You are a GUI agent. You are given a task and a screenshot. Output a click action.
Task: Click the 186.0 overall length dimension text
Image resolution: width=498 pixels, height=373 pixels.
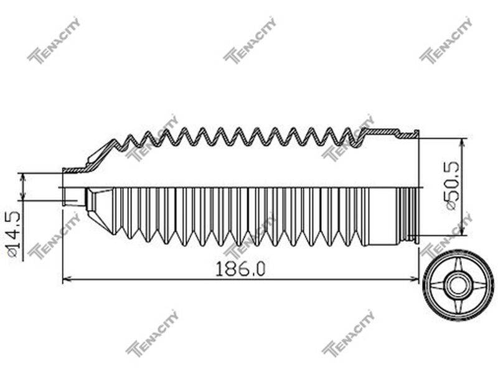(x=240, y=269)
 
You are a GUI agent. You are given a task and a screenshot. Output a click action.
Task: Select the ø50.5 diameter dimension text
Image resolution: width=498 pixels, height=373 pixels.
(x=453, y=185)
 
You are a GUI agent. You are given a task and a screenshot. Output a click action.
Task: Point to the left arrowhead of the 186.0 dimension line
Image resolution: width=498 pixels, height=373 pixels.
(x=67, y=279)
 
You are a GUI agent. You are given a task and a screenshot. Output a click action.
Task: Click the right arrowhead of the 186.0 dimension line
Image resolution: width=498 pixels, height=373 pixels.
(x=415, y=279)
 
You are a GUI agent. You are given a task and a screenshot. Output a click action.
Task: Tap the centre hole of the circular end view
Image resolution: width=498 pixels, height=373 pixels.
(x=458, y=282)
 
